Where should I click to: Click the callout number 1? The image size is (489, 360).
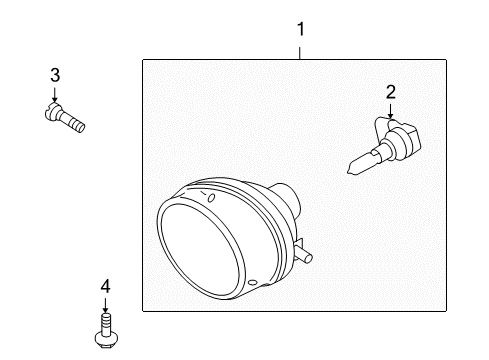point(301,29)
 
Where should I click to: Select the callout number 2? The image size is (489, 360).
point(391,92)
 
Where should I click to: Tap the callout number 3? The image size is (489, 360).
point(55,75)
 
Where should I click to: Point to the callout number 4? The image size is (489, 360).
point(105,287)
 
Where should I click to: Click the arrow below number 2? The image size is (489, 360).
point(390,111)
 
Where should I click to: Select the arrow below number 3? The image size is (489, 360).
point(54,94)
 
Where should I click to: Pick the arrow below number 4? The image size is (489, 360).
point(105,305)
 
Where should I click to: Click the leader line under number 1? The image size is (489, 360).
point(300,53)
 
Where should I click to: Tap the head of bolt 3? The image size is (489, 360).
point(53,112)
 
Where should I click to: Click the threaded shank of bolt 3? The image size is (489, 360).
point(73,122)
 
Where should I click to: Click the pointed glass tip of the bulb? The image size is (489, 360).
point(350,171)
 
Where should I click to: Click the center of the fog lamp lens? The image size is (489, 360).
point(201,248)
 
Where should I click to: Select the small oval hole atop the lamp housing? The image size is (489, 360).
point(211,198)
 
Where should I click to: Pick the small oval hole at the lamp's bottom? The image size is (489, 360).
point(253,283)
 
